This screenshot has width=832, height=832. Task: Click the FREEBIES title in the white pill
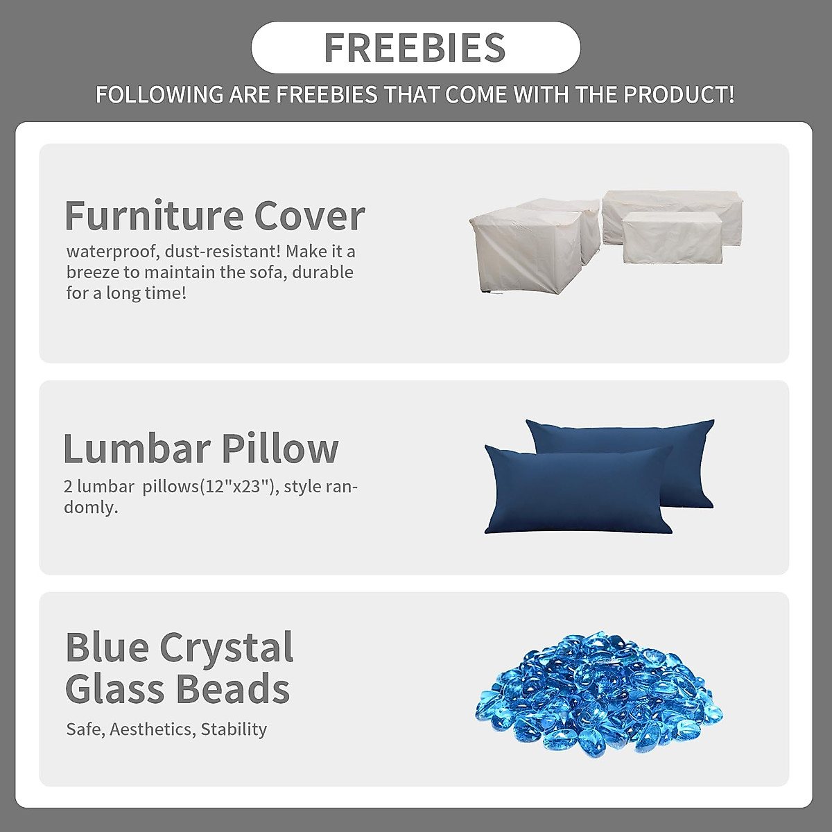[x=415, y=48]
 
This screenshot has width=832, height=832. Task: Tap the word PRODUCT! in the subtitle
[x=679, y=94]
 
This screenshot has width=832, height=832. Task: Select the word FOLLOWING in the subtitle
[x=159, y=94]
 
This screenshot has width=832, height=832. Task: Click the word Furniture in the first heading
[x=154, y=215]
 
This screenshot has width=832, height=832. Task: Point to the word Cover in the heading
[x=309, y=216]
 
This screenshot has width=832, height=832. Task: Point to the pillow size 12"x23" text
[x=236, y=487]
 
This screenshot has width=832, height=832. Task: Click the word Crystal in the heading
[x=227, y=648]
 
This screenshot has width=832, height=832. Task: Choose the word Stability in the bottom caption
[x=234, y=729]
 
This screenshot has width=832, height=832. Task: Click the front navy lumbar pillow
[x=578, y=489]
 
